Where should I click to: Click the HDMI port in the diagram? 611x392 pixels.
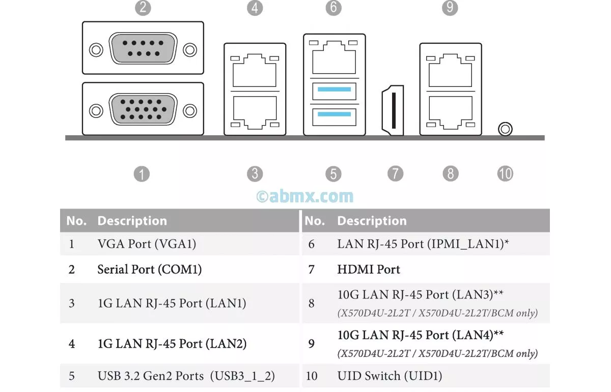(x=392, y=110)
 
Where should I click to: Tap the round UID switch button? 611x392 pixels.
(x=505, y=129)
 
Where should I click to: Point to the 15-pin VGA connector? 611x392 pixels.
(x=143, y=109)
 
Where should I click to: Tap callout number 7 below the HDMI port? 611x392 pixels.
(x=395, y=174)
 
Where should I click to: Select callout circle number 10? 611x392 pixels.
(x=505, y=174)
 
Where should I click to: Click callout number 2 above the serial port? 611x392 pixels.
(x=143, y=8)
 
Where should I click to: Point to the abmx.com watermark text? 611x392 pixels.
(x=304, y=196)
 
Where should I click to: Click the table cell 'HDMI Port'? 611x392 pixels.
(x=369, y=269)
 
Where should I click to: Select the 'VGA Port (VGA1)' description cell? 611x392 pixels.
(x=147, y=244)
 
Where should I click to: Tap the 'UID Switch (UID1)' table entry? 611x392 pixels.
(x=390, y=376)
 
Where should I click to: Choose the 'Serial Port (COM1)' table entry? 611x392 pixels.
(x=149, y=269)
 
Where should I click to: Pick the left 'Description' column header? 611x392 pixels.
(x=132, y=221)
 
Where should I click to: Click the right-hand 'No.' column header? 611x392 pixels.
(x=315, y=221)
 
